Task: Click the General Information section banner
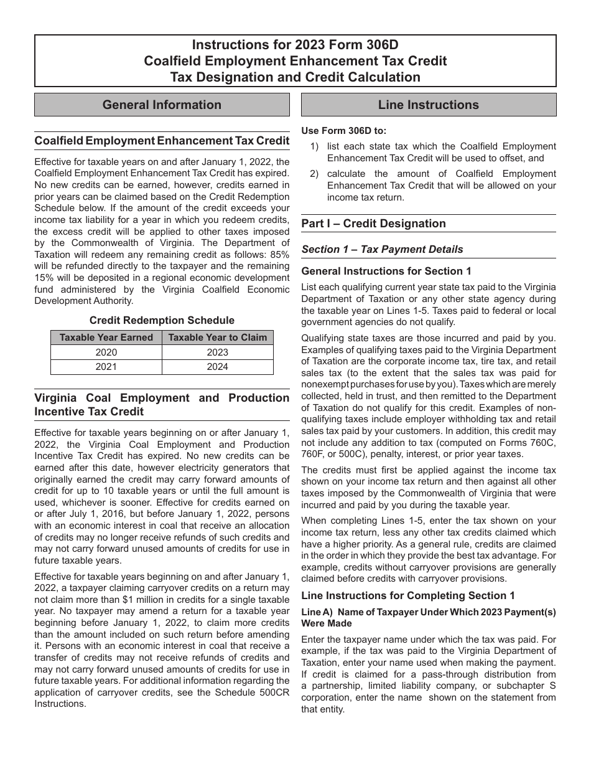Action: click(x=162, y=105)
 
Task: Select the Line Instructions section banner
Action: click(x=429, y=105)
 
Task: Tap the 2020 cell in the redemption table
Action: click(x=106, y=352)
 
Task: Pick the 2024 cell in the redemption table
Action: click(x=217, y=367)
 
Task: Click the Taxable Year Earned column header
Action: click(x=106, y=338)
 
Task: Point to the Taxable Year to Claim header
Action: click(x=217, y=338)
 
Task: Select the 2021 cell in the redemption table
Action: click(x=106, y=367)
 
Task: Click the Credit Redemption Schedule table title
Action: click(x=162, y=320)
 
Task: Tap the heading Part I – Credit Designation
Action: click(x=373, y=224)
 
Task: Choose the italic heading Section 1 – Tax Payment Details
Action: click(x=382, y=249)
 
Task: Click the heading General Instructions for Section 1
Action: click(x=386, y=271)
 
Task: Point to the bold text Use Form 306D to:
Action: click(x=343, y=131)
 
